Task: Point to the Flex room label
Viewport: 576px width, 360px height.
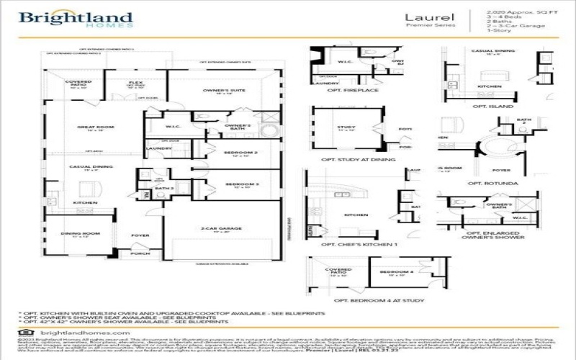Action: tap(135, 82)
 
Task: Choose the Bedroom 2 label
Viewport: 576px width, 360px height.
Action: tap(236, 153)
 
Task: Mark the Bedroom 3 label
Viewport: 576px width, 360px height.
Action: tap(236, 184)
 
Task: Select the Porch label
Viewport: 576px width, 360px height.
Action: tap(139, 253)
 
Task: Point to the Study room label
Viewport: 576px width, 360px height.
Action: tap(346, 127)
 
